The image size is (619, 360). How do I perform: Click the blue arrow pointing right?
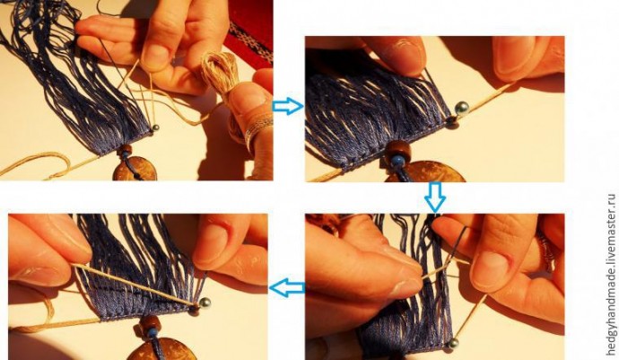pyautogui.click(x=288, y=106)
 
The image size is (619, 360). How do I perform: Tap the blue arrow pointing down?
pyautogui.click(x=435, y=197)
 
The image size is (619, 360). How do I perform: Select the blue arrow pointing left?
pyautogui.click(x=287, y=287)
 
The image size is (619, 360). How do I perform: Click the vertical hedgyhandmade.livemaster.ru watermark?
pyautogui.click(x=611, y=277)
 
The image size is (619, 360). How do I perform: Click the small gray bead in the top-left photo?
pyautogui.click(x=155, y=127)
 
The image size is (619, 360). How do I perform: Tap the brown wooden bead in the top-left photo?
pyautogui.click(x=126, y=150)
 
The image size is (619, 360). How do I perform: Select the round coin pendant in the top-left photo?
pyautogui.click(x=135, y=169)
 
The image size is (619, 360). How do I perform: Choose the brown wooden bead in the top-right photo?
pyautogui.click(x=398, y=151)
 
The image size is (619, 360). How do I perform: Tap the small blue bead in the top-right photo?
pyautogui.click(x=397, y=161)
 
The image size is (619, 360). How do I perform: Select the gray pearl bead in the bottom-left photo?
pyautogui.click(x=205, y=303)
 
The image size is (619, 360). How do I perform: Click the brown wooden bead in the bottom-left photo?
pyautogui.click(x=150, y=323)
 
